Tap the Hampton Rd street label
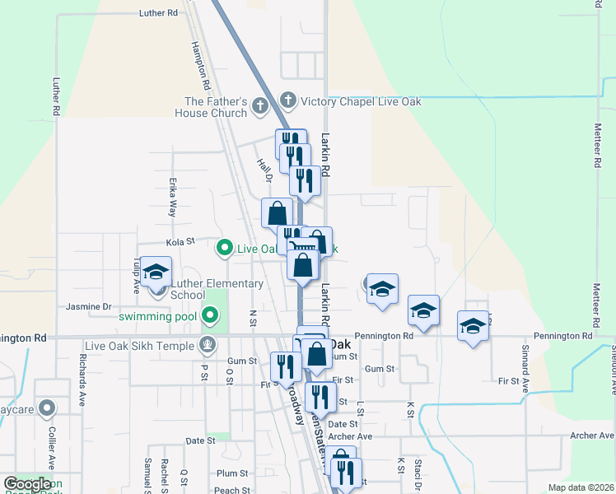click(x=198, y=67)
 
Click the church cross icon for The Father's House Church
click(x=260, y=105)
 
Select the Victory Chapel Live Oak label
click(x=362, y=101)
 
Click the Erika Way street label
click(x=173, y=198)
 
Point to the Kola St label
click(x=180, y=242)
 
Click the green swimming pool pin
click(x=210, y=314)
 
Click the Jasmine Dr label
click(x=89, y=306)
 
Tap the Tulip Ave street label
click(x=137, y=275)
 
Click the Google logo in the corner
click(x=27, y=484)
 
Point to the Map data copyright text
click(x=581, y=487)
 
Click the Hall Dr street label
click(x=264, y=170)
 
